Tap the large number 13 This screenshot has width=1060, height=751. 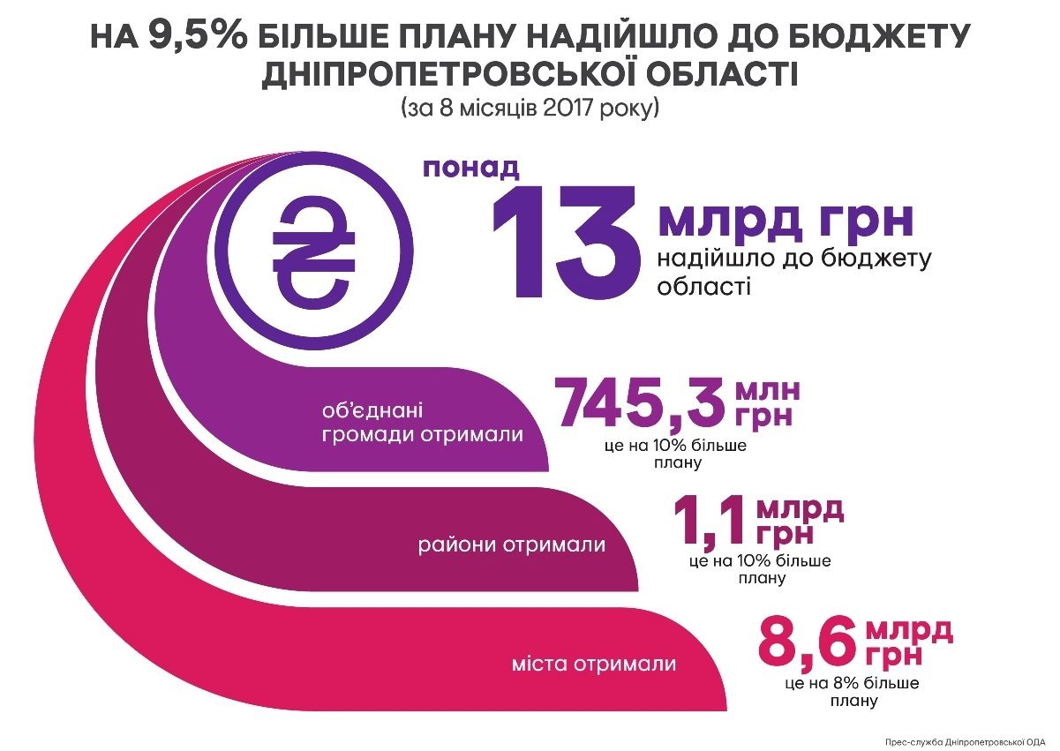[x=566, y=244]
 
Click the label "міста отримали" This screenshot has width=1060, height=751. [x=594, y=664]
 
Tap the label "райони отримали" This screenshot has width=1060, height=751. [x=512, y=544]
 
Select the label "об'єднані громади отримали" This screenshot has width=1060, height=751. [x=421, y=423]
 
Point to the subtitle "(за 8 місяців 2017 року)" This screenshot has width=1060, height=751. [x=530, y=109]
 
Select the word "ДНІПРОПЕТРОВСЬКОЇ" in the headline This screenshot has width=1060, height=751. [x=423, y=74]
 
